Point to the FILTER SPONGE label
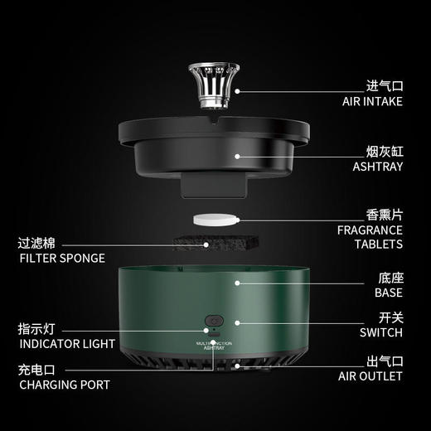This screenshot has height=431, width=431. tap(62, 258)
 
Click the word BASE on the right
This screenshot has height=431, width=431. tap(388, 293)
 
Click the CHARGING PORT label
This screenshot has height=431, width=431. tap(64, 385)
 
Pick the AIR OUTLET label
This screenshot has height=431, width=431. tap(370, 376)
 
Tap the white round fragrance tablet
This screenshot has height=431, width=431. tap(215, 220)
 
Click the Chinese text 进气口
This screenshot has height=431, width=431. tap(385, 86)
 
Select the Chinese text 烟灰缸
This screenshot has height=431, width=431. tap(385, 152)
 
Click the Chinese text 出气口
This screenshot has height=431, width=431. tap(385, 361)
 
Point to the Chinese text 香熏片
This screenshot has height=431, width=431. tap(385, 214)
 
